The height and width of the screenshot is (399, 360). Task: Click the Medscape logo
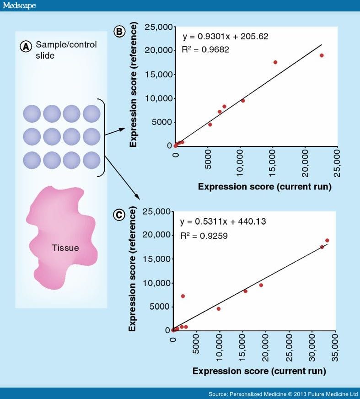(x=19, y=6)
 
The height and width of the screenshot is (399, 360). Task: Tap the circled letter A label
(x=26, y=46)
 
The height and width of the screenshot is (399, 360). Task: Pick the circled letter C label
(x=119, y=215)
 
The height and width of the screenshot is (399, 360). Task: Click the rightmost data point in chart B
(x=322, y=55)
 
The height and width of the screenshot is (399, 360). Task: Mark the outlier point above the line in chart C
(x=183, y=296)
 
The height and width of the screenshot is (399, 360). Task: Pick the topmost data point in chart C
(x=327, y=241)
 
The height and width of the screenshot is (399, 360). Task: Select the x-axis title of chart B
(x=264, y=187)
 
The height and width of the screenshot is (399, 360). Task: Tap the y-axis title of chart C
(x=133, y=270)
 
